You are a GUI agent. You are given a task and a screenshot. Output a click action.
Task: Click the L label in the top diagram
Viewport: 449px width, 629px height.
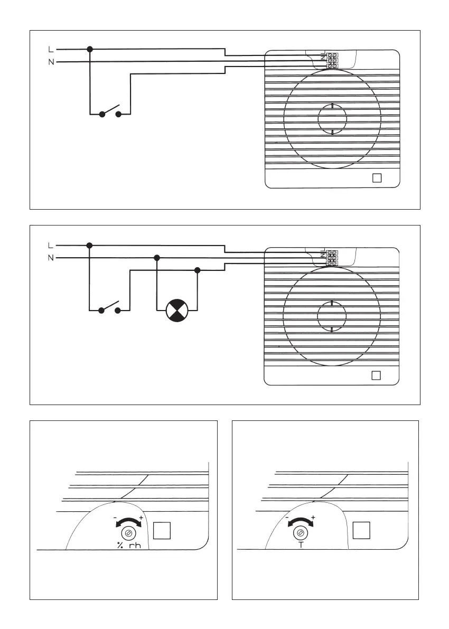coord(50,50)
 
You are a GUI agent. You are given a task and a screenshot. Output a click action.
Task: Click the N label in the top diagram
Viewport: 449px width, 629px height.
coord(50,62)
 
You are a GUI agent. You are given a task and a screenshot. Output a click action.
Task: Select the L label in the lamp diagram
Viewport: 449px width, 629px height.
coord(50,246)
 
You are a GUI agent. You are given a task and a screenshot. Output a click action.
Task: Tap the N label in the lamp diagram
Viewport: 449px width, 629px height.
coord(50,258)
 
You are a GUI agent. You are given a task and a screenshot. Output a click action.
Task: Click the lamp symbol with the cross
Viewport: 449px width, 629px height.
coord(177,310)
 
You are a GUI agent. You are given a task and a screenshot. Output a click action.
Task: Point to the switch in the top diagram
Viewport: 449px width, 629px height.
coord(110,112)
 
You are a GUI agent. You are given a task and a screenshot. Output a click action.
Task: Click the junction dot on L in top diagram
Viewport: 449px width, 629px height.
coord(90,49)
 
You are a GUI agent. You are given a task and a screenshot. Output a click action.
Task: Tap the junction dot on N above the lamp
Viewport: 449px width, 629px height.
coord(156,258)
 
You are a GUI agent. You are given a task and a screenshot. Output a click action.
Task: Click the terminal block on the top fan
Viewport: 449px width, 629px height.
coord(332,60)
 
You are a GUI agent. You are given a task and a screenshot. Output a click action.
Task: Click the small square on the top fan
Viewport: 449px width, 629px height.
coord(377,178)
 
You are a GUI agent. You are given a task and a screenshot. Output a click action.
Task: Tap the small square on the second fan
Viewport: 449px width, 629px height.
coord(376,375)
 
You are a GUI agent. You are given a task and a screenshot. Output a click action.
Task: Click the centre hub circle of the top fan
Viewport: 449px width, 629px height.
coord(332,119)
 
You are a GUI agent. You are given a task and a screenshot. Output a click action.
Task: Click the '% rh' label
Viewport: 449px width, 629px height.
coord(129,546)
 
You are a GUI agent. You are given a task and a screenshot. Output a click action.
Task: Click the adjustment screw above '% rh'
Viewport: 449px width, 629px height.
coord(128,532)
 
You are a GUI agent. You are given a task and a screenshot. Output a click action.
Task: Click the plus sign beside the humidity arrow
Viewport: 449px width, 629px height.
coord(141,517)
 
